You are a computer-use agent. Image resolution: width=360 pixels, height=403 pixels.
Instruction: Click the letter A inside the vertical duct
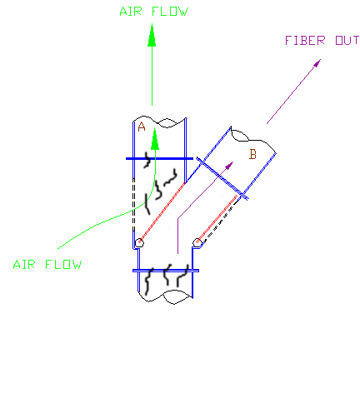[x=142, y=127]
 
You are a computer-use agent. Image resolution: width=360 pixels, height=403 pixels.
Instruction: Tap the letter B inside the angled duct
[x=252, y=154]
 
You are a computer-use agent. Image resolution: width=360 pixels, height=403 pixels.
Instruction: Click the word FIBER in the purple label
[x=305, y=41]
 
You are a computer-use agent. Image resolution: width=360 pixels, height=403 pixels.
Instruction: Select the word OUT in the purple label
[x=347, y=41]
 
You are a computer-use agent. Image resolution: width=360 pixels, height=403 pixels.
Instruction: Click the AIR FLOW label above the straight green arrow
[x=154, y=12]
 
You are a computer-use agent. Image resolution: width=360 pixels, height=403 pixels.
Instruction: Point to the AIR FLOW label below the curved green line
[x=47, y=265]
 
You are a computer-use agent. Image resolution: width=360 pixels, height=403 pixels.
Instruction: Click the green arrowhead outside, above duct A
[x=152, y=35]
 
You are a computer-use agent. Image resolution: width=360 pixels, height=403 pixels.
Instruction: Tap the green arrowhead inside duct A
[x=155, y=139]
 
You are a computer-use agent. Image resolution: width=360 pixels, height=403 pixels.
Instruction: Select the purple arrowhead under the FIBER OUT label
[x=317, y=63]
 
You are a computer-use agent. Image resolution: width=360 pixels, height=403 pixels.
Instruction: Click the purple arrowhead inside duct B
[x=229, y=166]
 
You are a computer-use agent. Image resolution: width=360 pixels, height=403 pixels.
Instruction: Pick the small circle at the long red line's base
[x=139, y=243]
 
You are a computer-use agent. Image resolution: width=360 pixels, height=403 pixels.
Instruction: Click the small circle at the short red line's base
[x=197, y=242]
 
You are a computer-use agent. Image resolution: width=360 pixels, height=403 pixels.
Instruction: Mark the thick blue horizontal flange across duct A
[x=159, y=159]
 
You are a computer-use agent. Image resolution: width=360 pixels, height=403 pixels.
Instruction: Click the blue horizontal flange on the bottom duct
[x=166, y=271]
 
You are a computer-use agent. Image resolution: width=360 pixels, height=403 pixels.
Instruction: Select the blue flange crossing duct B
[x=222, y=178]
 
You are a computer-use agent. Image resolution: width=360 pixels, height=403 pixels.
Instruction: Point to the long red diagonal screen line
[x=162, y=212]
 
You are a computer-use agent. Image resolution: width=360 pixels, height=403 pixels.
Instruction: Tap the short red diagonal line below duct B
[x=217, y=219]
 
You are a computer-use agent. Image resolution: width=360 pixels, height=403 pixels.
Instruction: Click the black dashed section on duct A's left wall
[x=133, y=205]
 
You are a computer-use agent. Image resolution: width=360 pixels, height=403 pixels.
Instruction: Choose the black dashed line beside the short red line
[x=219, y=223]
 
